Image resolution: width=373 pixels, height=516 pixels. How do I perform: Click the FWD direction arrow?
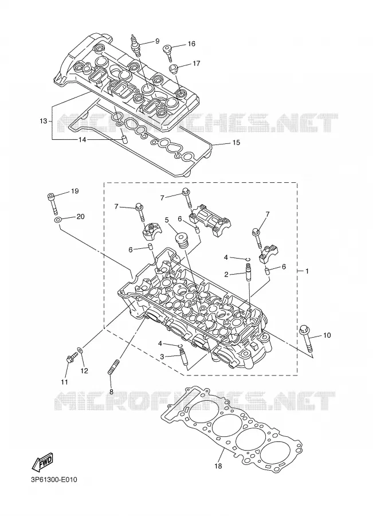tap(42, 462)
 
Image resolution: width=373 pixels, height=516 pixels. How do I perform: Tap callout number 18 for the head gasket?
tap(218, 466)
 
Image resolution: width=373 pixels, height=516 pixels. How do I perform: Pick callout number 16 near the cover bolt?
tap(191, 44)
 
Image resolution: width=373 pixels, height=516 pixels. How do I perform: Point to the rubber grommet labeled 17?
tap(174, 69)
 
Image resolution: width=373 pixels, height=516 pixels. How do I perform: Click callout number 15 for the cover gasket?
tap(236, 143)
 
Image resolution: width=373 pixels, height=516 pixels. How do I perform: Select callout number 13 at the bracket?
tap(44, 121)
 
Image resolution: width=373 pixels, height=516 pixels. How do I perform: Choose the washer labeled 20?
tap(57, 220)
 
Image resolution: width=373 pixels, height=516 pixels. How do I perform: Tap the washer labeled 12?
tap(81, 350)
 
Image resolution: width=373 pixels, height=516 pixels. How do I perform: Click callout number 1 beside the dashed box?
tap(307, 271)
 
